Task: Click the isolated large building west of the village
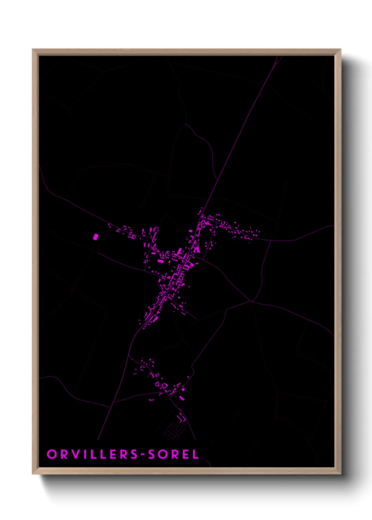(95, 236)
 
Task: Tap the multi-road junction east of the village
(251, 301)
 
